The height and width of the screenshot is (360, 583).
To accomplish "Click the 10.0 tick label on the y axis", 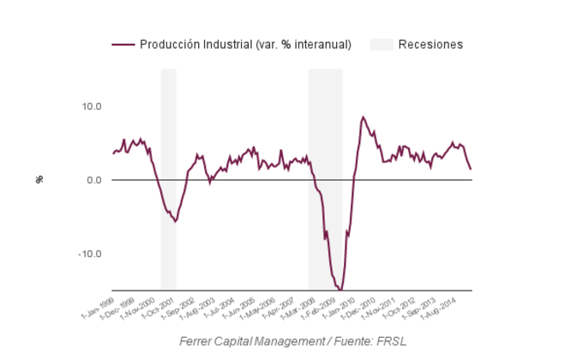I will coord(91,106).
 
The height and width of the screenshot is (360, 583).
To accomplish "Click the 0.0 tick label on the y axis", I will coord(93,180).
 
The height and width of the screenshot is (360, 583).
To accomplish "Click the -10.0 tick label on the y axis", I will coord(90,254).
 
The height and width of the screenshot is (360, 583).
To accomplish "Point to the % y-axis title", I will coord(39,179).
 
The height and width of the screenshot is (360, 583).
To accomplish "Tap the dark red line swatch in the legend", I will coord(123,45).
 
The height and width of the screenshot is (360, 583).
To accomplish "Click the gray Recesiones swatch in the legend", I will coord(382,45).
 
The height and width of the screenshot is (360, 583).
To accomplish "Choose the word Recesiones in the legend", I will coord(430,45).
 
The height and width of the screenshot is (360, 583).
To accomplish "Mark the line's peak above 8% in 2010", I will coord(363,117).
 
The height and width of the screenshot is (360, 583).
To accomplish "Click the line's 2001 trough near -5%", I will coord(175,221).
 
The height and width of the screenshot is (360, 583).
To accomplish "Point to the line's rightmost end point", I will coord(471,169).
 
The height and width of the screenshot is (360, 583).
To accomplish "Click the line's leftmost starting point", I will coord(112,154).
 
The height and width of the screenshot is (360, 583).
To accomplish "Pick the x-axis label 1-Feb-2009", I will coord(320,305).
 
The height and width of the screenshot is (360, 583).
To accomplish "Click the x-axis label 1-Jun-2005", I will coord(237,305).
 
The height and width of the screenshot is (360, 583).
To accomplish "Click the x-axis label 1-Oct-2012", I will coord(399,305).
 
